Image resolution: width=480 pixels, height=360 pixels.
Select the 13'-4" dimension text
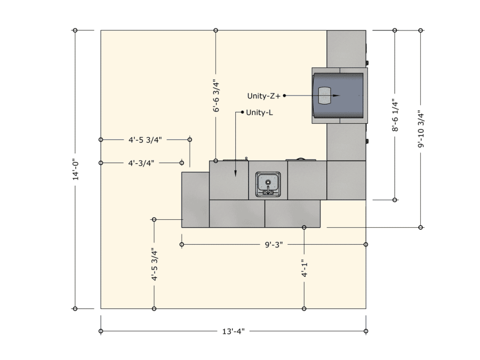click(234, 331)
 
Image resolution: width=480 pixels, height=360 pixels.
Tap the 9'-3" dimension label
click(274, 245)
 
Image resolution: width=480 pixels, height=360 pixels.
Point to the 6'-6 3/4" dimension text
click(216, 96)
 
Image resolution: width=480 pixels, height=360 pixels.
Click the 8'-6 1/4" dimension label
click(395, 115)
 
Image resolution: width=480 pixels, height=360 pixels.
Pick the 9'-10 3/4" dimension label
click(421, 129)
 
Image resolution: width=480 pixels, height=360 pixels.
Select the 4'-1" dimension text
click(305, 269)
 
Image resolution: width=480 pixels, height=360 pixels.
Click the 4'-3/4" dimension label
click(141, 163)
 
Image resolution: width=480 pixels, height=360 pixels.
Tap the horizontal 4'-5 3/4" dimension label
click(145, 140)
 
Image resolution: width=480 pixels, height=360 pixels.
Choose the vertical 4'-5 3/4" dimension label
click(154, 265)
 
